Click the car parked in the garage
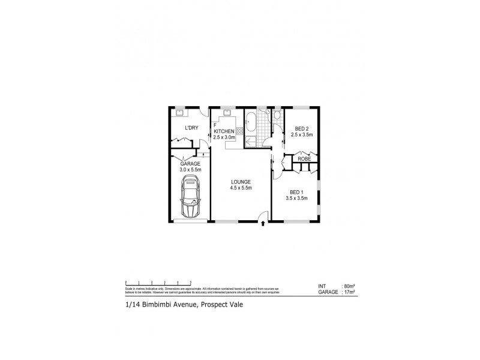click(191, 200)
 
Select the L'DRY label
click(191, 128)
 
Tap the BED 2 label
click(298, 128)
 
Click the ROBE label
click(304, 159)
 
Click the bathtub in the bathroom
click(251, 127)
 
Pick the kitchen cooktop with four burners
click(239, 131)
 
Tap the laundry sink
click(179, 112)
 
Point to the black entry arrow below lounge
click(263, 225)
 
